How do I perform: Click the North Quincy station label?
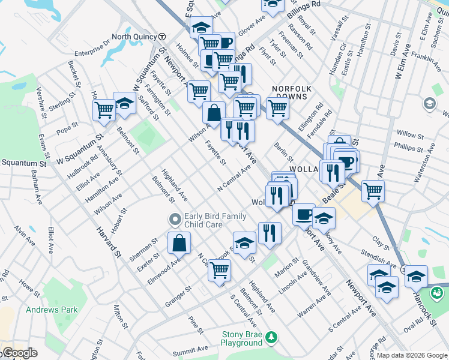coord(134,37)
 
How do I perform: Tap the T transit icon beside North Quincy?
coord(162,37)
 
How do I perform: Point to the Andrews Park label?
coord(52,310)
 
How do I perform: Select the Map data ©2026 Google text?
coord(412,355)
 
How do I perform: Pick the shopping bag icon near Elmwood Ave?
coord(179,244)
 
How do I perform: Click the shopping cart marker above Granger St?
coord(220,270)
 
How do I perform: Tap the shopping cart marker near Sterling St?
coord(104,110)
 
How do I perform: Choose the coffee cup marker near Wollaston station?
coord(304,214)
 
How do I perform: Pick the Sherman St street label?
coord(143,250)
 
